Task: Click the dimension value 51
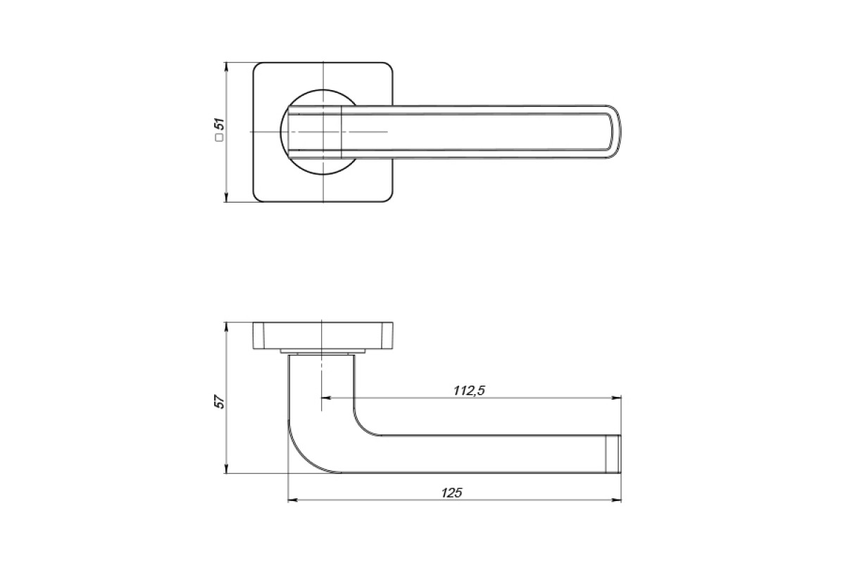pyautogui.click(x=220, y=125)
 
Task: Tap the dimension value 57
pyautogui.click(x=220, y=402)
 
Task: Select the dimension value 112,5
pyautogui.click(x=469, y=391)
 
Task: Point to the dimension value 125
pyautogui.click(x=451, y=493)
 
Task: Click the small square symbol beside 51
pyautogui.click(x=219, y=138)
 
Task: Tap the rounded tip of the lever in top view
pyautogui.click(x=615, y=132)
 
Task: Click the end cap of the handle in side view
pyautogui.click(x=613, y=455)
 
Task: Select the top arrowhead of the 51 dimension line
pyautogui.click(x=226, y=67)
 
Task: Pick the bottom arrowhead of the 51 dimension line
pyautogui.click(x=226, y=198)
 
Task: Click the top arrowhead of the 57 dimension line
pyautogui.click(x=226, y=327)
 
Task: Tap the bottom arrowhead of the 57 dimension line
pyautogui.click(x=226, y=469)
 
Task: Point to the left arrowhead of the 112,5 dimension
pyautogui.click(x=326, y=398)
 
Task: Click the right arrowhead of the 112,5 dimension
pyautogui.click(x=616, y=398)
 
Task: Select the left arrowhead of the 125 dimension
pyautogui.click(x=293, y=500)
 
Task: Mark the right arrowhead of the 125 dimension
pyautogui.click(x=616, y=500)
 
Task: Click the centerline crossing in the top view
pyautogui.click(x=323, y=132)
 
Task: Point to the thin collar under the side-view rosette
pyautogui.click(x=323, y=351)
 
